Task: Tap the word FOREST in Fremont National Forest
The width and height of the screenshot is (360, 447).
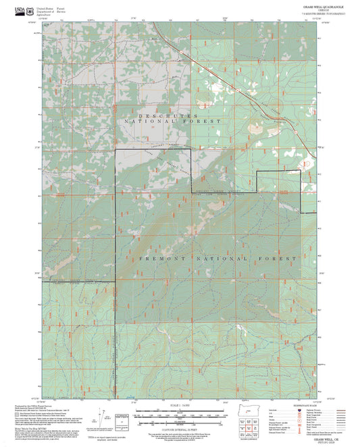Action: point(280,259)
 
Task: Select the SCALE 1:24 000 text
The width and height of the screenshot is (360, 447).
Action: point(179,405)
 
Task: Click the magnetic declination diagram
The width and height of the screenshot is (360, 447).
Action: point(109,419)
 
